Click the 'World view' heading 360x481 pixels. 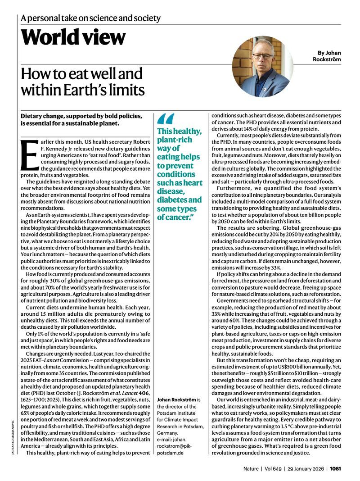click(x=73, y=37)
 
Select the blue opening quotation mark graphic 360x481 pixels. click(x=166, y=119)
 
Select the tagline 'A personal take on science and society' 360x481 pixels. click(x=90, y=18)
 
